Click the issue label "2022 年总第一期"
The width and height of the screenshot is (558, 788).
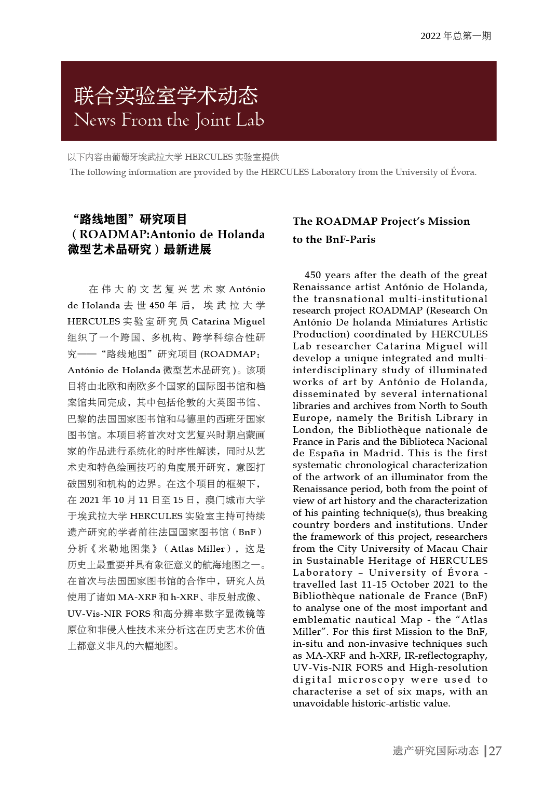point(455,36)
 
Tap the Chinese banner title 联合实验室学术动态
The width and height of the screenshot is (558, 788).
point(166,96)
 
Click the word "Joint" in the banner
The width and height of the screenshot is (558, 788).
point(213,120)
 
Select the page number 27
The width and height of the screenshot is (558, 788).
point(495,751)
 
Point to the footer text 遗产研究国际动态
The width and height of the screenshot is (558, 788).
point(435,751)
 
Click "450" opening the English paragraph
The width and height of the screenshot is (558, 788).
point(313,275)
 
